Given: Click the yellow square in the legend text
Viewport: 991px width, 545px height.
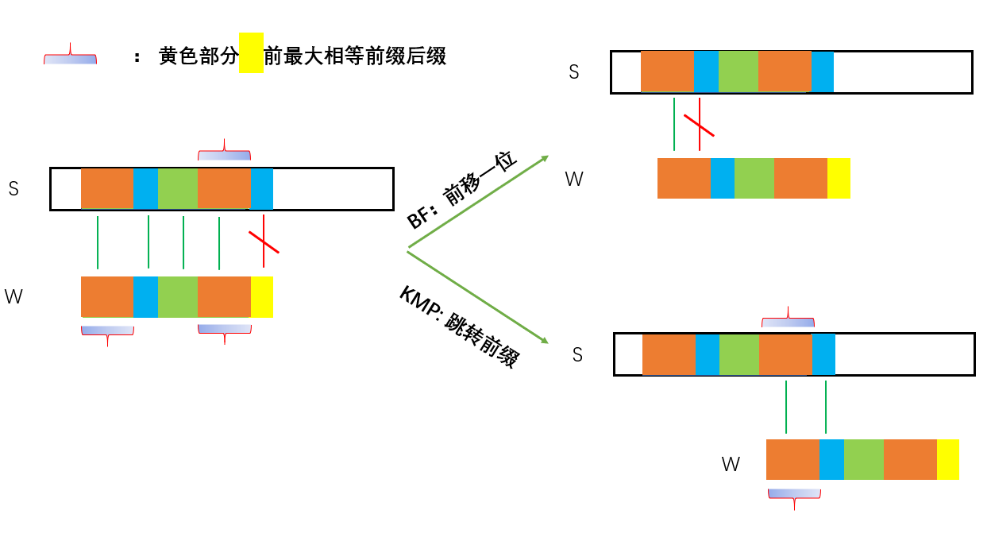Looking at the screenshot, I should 251,52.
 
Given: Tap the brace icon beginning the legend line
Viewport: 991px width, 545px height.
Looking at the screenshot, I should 70,56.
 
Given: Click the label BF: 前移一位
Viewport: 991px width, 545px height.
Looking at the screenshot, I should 462,190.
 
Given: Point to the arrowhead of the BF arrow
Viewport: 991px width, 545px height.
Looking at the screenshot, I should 544,158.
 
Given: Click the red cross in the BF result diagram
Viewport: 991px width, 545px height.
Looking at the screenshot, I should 699,124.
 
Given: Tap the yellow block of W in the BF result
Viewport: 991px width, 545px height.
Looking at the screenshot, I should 839,178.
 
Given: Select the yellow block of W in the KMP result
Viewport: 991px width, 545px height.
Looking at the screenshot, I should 947,459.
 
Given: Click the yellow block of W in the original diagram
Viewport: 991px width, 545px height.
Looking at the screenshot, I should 262,296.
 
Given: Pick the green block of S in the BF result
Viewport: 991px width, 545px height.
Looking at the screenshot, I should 738,72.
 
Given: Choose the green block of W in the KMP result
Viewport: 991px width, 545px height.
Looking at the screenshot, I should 863,459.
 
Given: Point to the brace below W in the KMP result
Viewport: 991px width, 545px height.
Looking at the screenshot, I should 794,496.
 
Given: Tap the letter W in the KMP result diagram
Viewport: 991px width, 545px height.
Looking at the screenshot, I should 731,464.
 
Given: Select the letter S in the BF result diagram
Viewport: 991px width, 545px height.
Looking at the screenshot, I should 574,72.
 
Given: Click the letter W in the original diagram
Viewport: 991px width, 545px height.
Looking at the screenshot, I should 13,297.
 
